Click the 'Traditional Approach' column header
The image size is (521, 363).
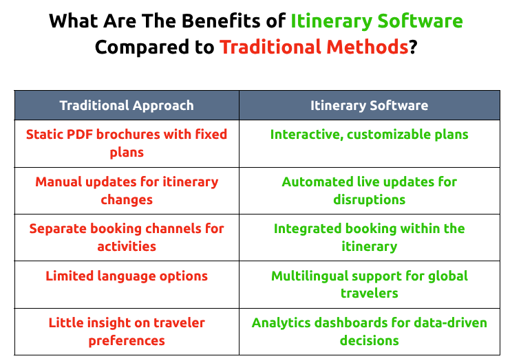pos(127,105)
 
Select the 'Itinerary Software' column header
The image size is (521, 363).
pos(369,105)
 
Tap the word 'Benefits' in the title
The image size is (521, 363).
pos(221,21)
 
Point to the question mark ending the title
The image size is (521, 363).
pos(413,47)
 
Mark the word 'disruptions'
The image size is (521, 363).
pos(369,200)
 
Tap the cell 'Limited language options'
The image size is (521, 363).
pos(127,276)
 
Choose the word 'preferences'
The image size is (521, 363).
pos(127,341)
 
